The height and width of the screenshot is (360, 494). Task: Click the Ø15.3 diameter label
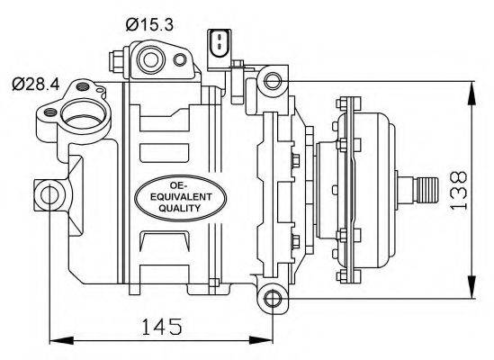[x=149, y=24]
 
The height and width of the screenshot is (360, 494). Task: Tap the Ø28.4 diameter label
[x=36, y=85]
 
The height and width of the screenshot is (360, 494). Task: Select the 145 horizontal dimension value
[x=162, y=327]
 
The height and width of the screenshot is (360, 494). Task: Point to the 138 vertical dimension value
[x=458, y=191]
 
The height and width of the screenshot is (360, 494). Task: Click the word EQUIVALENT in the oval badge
[x=181, y=197]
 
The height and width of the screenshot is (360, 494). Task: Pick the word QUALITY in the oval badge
[x=180, y=209]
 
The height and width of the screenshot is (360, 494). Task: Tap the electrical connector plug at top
[x=219, y=49]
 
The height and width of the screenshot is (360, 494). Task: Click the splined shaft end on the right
[x=427, y=190]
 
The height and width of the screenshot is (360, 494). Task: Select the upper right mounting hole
[x=273, y=81]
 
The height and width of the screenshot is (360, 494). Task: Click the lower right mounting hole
[x=273, y=298]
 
